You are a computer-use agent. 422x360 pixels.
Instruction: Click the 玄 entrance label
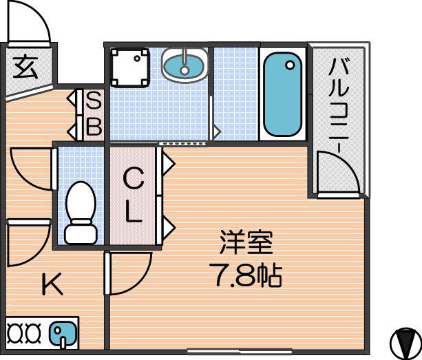pos(25,66)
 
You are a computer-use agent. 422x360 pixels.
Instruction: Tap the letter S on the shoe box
pos(94,100)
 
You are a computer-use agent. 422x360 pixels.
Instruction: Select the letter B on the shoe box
pos(94,126)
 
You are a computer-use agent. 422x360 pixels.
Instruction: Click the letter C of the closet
pos(133,178)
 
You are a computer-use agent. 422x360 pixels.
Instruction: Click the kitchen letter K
pos(52,284)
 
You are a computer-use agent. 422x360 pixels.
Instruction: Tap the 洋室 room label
pos(246,242)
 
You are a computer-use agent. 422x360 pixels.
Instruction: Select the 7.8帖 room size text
pos(246,275)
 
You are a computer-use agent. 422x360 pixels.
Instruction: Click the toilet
pos(81,213)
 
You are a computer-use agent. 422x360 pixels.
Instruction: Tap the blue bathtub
pos(282,94)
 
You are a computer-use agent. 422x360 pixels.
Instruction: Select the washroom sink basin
pos(184,65)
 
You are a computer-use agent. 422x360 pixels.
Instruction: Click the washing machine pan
pos(130,68)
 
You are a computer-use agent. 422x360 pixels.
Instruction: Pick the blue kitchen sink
pos(63,333)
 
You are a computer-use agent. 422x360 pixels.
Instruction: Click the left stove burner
pos(15,333)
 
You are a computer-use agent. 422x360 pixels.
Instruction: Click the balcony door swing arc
pos(347,162)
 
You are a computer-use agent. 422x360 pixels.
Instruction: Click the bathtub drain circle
pos(290,65)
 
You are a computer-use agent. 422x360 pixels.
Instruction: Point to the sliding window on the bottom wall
pos(240,351)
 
